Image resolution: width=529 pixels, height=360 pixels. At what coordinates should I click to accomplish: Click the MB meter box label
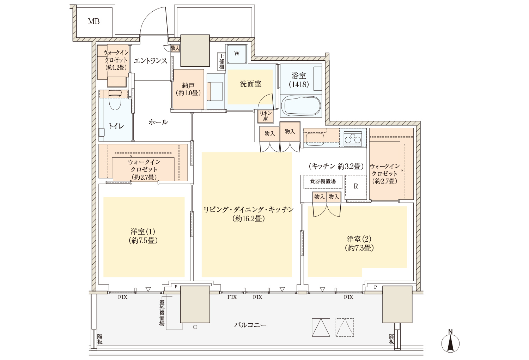[x=94, y=22]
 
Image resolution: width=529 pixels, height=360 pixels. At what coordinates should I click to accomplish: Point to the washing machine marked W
[x=237, y=54]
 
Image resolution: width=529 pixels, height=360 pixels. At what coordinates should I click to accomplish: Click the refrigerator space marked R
[x=355, y=186]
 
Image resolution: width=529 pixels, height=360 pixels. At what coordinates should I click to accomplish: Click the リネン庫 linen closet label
[x=266, y=116]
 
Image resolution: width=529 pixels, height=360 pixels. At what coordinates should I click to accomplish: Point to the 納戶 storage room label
[x=188, y=89]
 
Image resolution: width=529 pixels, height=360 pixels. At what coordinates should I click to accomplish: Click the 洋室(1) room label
[x=143, y=236]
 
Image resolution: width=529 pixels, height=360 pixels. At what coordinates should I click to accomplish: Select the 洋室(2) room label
[x=359, y=243]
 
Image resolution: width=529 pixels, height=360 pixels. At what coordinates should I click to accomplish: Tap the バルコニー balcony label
[x=250, y=325]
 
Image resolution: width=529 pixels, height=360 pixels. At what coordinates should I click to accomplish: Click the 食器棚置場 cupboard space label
[x=323, y=181]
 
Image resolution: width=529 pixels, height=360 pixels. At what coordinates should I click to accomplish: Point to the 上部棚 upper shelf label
[x=221, y=62]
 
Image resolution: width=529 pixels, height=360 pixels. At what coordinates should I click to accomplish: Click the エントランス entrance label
[x=151, y=61]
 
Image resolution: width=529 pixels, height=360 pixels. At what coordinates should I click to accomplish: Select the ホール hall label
[x=158, y=122]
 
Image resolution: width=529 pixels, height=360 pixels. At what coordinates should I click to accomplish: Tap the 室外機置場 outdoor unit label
[x=162, y=313]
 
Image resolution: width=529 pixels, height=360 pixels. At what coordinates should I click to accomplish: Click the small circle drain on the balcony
[x=195, y=327]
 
